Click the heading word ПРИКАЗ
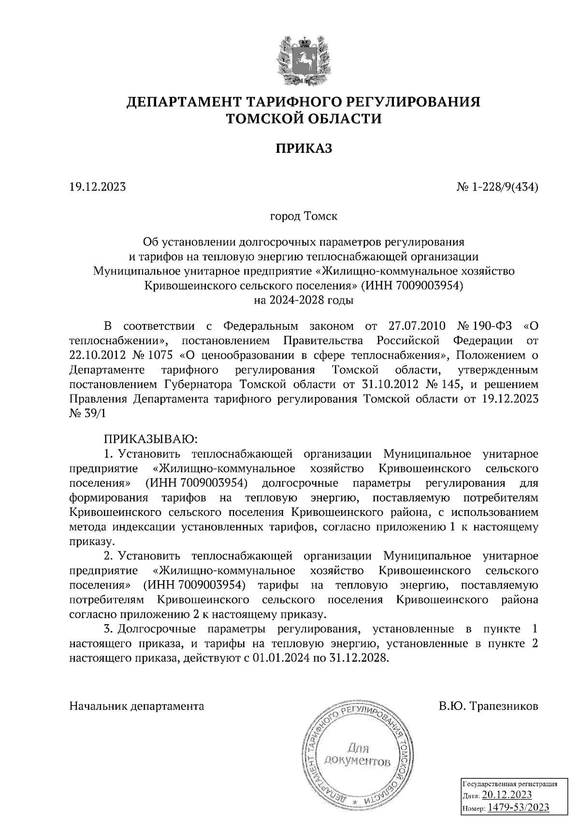[x=304, y=148]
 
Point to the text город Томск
[x=304, y=216]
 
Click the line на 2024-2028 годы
[x=304, y=300]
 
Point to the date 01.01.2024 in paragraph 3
[x=279, y=658]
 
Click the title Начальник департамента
[x=137, y=706]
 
